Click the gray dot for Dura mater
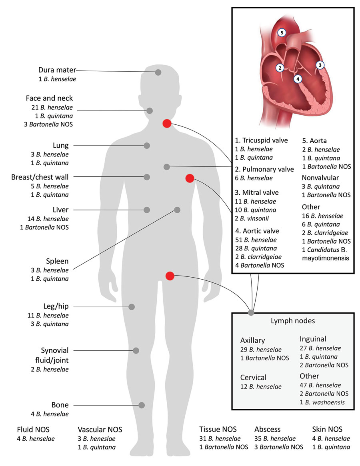tap(158, 72)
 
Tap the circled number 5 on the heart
tap(282, 33)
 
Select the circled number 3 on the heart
tap(320, 65)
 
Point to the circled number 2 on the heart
tap(280, 68)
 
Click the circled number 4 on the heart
tap(298, 79)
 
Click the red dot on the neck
tap(167, 123)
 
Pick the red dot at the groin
tap(170, 276)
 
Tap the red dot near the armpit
tap(190, 178)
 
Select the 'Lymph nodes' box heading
tap(293, 321)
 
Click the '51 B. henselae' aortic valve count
tap(256, 240)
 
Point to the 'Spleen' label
tap(57, 261)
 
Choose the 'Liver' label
tap(61, 210)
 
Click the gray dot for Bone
tap(142, 405)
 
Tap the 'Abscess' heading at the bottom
tap(268, 430)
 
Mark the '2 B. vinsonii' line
tap(252, 218)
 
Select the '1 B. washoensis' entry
tap(322, 402)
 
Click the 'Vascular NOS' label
tap(100, 430)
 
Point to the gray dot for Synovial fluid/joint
tap(136, 351)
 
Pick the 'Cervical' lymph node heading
tap(253, 378)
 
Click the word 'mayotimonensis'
tap(326, 258)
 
